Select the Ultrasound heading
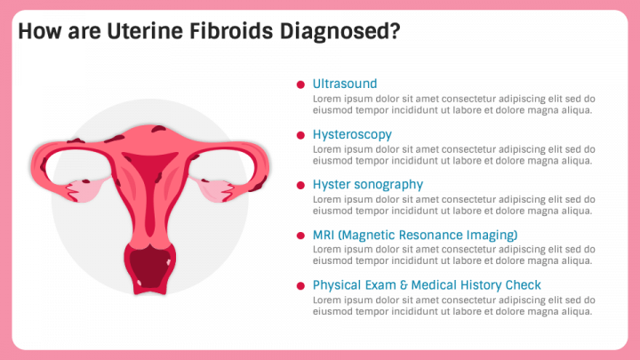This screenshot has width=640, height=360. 345,84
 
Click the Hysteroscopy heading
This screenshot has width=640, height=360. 352,134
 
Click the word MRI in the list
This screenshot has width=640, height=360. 324,236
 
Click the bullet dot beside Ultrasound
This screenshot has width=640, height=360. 301,84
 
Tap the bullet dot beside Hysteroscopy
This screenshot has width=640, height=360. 301,135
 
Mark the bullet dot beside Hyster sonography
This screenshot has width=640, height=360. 301,186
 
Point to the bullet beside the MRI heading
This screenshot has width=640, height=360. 301,236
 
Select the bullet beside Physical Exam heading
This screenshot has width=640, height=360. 301,286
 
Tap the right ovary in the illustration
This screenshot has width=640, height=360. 215,191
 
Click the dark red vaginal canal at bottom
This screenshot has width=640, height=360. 150,267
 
